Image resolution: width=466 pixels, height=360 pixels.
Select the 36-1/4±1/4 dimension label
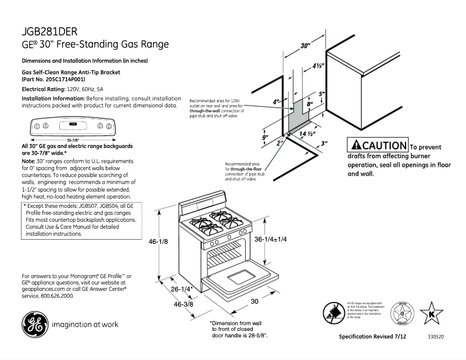(271, 239)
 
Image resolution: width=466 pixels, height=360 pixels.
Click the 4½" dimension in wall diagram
(317, 66)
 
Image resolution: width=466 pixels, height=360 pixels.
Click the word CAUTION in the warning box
(383, 146)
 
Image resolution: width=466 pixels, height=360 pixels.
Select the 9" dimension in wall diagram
(265, 137)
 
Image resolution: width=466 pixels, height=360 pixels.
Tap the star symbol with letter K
(431, 314)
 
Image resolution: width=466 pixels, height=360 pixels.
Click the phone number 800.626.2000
(58, 296)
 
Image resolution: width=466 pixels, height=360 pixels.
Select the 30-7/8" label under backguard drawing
(73, 139)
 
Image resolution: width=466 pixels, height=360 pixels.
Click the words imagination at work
(85, 324)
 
